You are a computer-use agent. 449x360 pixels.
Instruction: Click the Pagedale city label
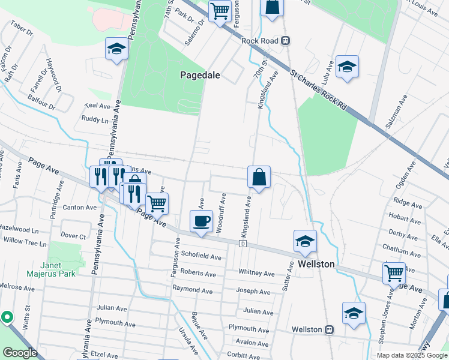[x=200, y=75]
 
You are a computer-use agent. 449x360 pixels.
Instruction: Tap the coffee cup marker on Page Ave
[x=201, y=221]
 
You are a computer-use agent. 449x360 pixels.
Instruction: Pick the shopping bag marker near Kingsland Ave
[x=259, y=178]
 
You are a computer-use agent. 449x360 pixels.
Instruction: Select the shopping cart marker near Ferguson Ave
[x=220, y=11]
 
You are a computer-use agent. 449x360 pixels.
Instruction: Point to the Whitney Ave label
[x=256, y=273]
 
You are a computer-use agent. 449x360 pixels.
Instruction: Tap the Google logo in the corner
[x=19, y=353]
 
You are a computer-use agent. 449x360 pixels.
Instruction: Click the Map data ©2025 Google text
[x=412, y=355]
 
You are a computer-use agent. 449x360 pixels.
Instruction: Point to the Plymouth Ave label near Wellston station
[x=249, y=329]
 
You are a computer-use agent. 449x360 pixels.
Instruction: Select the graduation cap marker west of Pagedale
[x=116, y=49]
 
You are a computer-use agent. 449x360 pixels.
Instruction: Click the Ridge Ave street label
[x=406, y=200]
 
